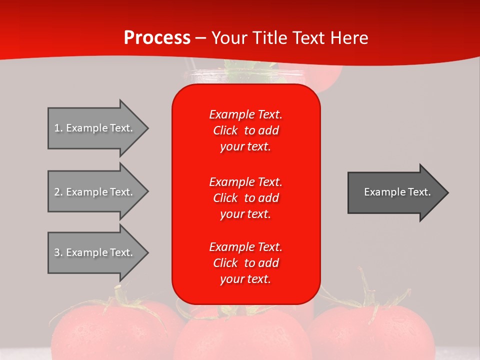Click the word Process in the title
coord(157,37)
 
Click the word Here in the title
coord(349,37)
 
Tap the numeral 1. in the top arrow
coord(58,128)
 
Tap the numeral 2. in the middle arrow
coord(58,192)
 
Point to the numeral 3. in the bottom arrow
coord(58,252)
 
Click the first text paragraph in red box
coord(245,130)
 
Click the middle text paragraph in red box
coord(245,197)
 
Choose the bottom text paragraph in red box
coord(245,263)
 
